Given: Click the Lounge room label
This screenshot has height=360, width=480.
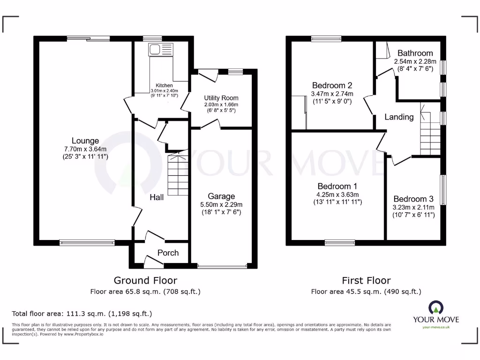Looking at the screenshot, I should click(x=85, y=141).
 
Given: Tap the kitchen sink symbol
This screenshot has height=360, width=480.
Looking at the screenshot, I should click(x=154, y=49).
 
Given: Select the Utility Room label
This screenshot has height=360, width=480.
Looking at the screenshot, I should click(x=221, y=98).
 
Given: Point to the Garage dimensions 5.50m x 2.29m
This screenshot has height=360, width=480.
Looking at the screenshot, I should click(x=222, y=204).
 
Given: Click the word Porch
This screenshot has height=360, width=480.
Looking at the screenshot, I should click(x=168, y=253).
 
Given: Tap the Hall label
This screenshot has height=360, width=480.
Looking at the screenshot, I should click(x=157, y=197).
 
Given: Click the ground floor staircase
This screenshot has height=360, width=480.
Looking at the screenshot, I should click(x=178, y=173).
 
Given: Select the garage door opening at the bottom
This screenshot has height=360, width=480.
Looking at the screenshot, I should click(x=222, y=266).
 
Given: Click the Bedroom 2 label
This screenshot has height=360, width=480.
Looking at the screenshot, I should click(x=332, y=85).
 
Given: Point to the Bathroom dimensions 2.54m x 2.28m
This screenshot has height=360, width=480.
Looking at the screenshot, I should click(x=415, y=61).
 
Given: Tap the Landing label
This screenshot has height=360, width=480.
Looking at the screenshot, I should click(x=399, y=117).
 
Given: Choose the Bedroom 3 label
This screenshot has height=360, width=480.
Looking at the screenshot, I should click(x=413, y=199).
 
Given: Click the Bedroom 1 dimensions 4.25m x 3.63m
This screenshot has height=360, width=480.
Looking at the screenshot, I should click(x=337, y=195).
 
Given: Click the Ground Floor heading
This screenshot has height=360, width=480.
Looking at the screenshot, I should click(x=145, y=280).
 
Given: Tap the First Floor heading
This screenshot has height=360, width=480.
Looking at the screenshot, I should click(x=366, y=280).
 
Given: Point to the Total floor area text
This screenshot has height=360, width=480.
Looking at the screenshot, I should click(x=82, y=314).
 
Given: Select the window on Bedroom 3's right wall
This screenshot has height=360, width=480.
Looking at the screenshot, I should click(x=443, y=190).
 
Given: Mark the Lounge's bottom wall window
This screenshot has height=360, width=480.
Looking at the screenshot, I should click(x=87, y=243).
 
